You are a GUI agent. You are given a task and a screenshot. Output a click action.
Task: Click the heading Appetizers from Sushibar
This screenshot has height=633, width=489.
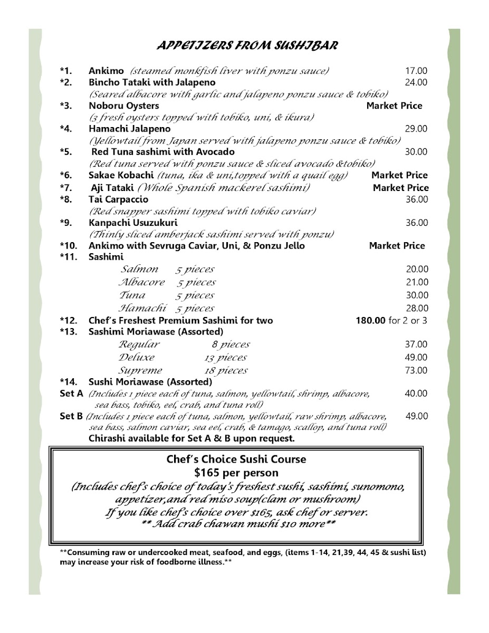(247, 46)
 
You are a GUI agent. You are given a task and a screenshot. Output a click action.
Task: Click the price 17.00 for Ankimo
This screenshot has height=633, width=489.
(416, 71)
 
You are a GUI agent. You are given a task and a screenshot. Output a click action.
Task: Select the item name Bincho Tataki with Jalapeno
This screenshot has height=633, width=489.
(152, 82)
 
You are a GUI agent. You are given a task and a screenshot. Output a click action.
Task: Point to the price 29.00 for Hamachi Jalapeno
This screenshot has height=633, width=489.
(416, 129)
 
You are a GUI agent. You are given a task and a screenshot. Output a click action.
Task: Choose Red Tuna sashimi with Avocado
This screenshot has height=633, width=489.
(163, 152)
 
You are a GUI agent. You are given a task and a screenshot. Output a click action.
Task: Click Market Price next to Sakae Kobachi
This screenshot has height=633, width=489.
(399, 175)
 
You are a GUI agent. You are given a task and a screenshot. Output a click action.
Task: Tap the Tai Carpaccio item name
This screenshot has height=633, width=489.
(118, 199)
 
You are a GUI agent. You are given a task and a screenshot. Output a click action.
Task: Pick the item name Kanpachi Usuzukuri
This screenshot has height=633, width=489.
(126, 223)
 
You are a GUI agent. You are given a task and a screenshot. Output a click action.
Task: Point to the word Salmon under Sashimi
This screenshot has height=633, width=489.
(139, 270)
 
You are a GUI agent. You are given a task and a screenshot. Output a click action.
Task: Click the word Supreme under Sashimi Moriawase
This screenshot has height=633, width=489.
(140, 370)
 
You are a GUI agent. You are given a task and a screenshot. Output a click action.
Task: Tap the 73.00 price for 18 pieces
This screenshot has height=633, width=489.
(416, 370)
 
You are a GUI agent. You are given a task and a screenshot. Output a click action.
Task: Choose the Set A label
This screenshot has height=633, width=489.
(72, 394)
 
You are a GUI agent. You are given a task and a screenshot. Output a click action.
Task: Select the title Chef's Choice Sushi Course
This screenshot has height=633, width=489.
(236, 459)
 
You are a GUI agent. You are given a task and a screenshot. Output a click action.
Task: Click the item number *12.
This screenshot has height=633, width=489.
(69, 320)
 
